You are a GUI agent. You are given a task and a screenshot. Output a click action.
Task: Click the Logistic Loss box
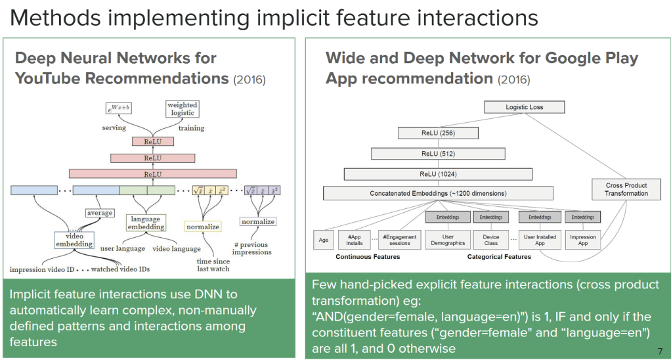point(524,107)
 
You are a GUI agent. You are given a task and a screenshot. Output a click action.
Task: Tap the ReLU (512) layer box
point(437,154)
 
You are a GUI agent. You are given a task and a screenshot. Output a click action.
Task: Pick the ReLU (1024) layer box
point(437,174)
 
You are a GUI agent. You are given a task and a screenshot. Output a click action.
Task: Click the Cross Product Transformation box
point(626,189)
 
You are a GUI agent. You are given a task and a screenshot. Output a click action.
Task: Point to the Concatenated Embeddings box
point(438,194)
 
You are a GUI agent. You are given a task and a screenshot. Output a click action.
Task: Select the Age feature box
point(324,240)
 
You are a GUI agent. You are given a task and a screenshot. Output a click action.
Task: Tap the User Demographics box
point(448,240)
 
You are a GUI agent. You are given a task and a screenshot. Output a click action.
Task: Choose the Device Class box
point(490,240)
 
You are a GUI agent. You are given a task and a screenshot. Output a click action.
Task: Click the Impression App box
point(582,240)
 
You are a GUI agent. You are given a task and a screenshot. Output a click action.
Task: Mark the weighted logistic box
point(182,109)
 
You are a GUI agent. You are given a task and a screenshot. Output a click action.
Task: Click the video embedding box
point(75,240)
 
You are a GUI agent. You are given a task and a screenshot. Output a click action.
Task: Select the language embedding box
point(146,222)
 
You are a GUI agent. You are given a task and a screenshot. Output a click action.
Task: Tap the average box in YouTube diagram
point(100,213)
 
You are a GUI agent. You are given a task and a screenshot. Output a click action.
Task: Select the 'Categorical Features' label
point(499,257)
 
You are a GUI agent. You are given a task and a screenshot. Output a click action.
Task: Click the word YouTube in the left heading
point(55,79)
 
